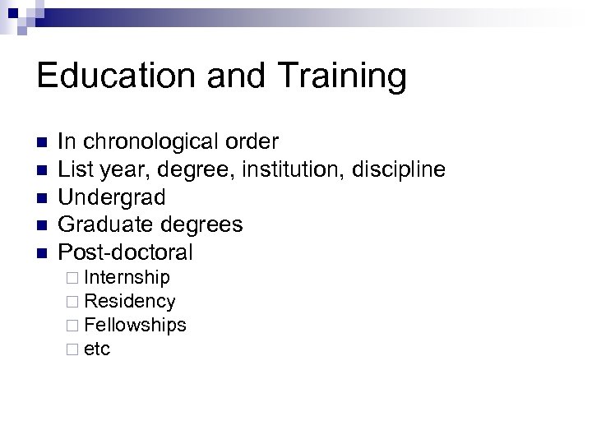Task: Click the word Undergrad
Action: point(112,197)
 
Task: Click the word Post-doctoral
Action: point(125,252)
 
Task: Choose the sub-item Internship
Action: point(127,277)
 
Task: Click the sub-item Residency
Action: point(129,301)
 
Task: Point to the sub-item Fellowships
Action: point(135,325)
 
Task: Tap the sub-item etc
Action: point(97,349)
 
